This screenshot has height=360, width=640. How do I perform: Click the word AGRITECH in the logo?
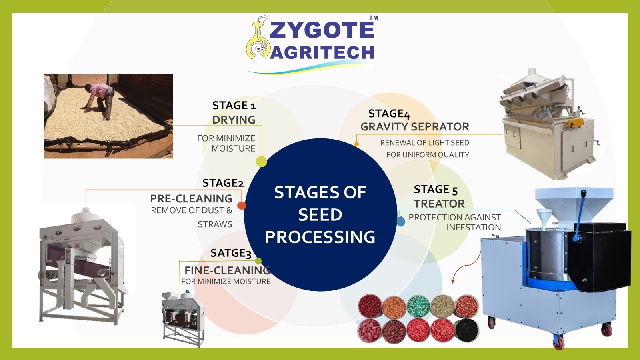[322, 52]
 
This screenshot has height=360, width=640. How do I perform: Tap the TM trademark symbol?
[374, 18]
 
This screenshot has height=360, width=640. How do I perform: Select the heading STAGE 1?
[234, 106]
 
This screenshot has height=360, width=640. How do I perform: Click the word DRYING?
[234, 120]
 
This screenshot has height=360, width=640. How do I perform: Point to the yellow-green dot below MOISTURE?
[261, 162]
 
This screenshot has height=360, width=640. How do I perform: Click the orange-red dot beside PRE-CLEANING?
[242, 206]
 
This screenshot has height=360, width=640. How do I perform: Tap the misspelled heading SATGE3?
[230, 253]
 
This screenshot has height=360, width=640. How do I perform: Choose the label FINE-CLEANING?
[227, 270]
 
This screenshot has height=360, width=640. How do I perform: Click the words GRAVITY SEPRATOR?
[414, 126]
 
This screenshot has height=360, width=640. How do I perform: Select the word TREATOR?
[439, 204]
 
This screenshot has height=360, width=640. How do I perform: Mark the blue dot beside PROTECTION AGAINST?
[401, 222]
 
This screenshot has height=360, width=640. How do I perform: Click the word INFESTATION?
[474, 228]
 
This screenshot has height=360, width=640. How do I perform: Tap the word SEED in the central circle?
[320, 214]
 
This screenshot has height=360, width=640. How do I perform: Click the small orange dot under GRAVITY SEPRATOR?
[356, 144]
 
